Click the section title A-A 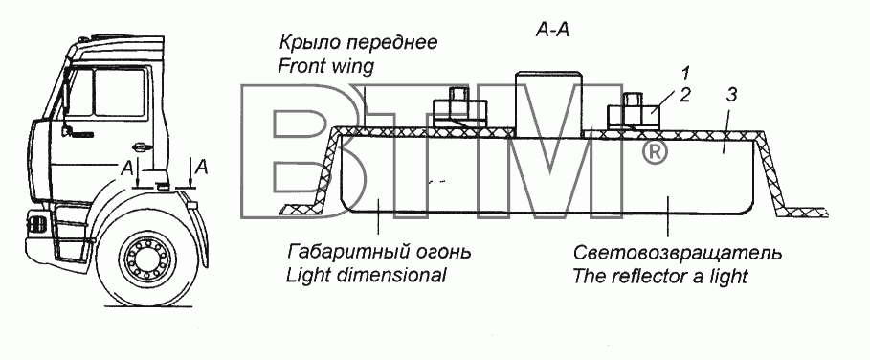(x=552, y=30)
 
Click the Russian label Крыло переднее (x=357, y=43)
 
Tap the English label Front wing (x=325, y=67)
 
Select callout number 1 (x=686, y=73)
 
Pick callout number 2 (x=685, y=95)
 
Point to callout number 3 (x=731, y=95)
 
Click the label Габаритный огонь (x=379, y=253)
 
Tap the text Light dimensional (x=367, y=275)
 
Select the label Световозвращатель (x=677, y=253)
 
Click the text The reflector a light (x=660, y=276)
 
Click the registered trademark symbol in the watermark (x=655, y=152)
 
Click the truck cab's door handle (x=141, y=147)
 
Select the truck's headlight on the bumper (x=37, y=225)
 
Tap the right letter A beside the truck (x=203, y=167)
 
